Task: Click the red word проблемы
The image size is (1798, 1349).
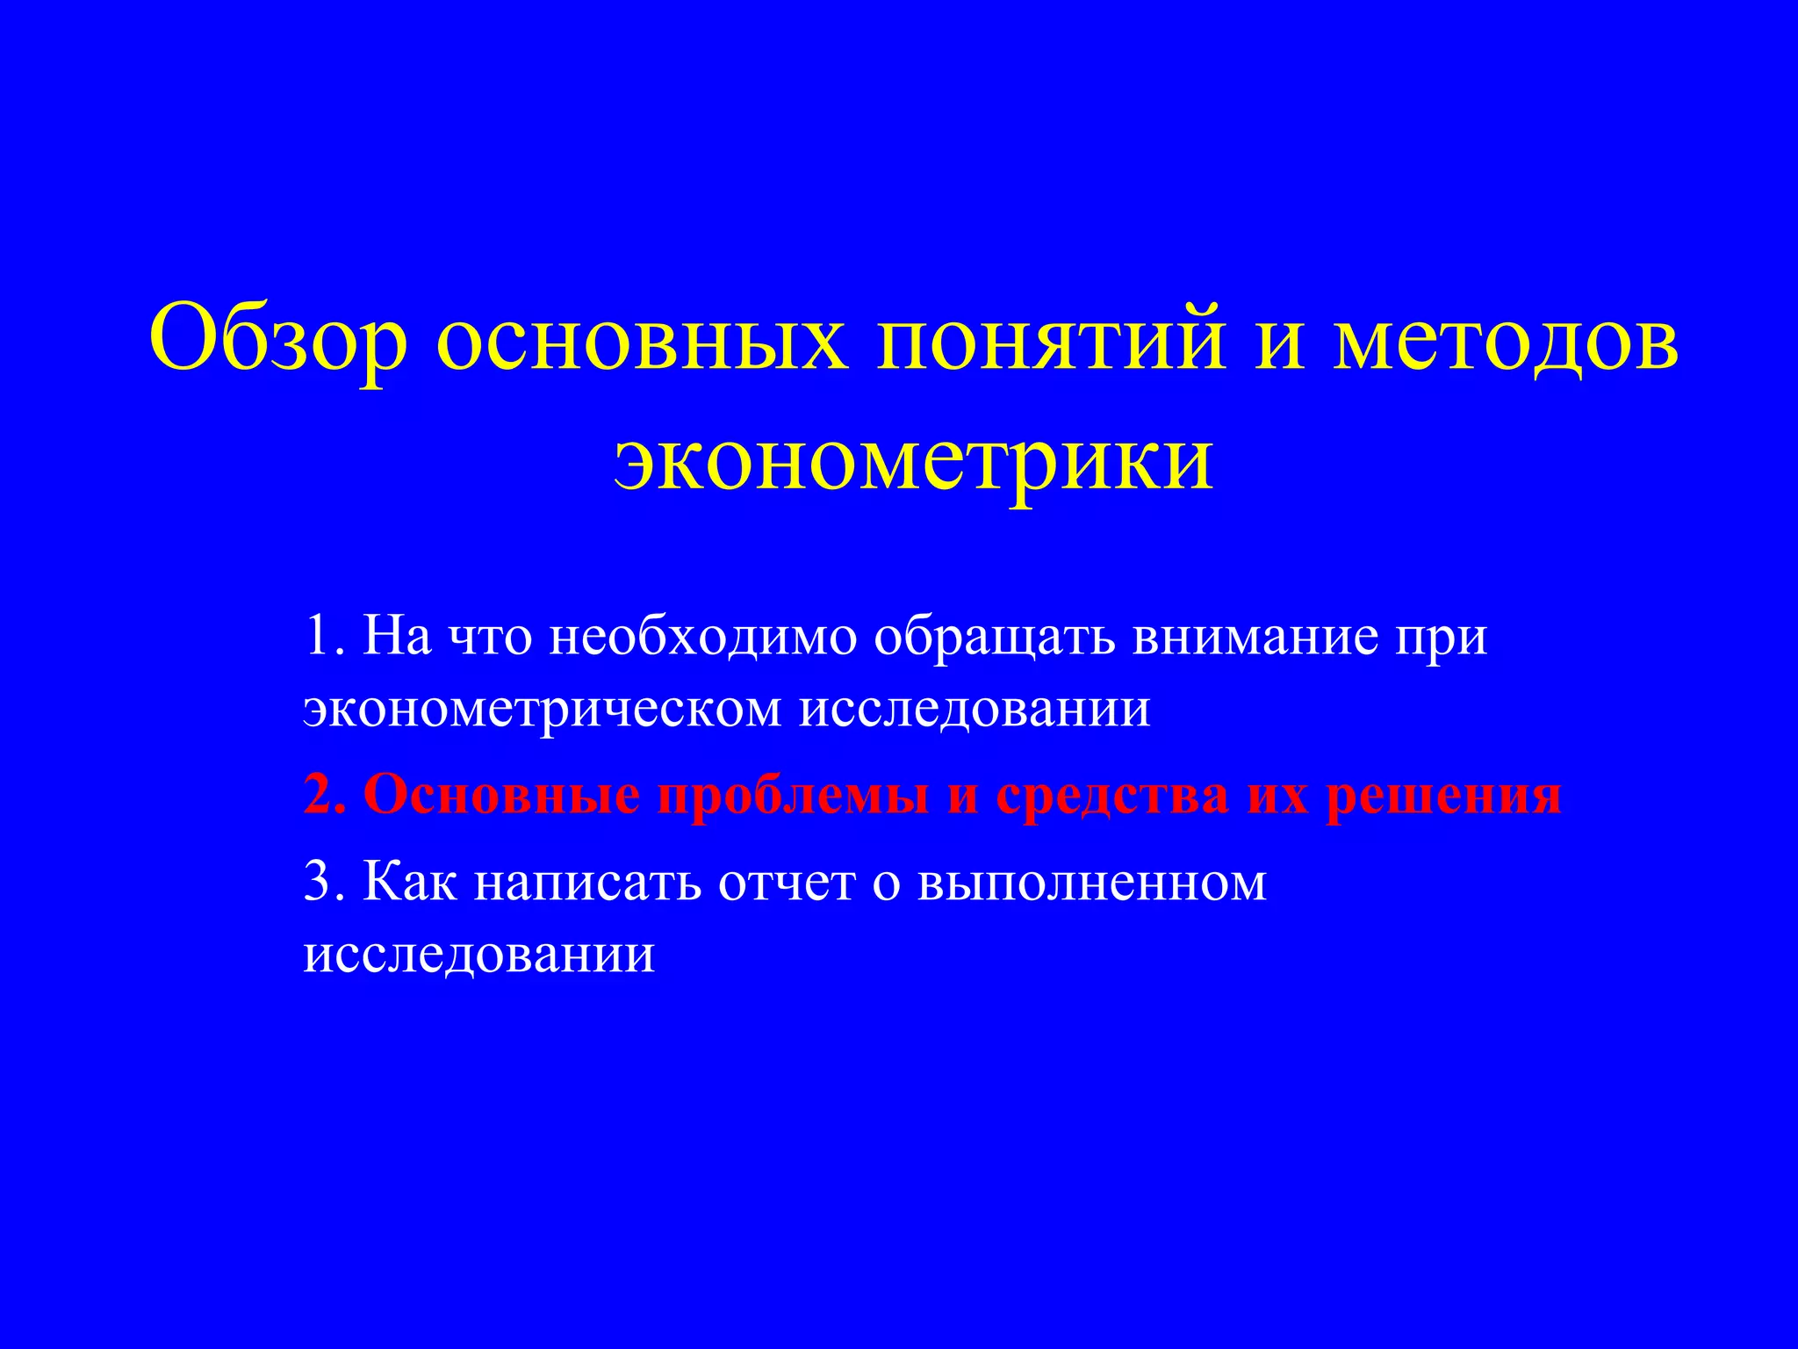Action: (794, 795)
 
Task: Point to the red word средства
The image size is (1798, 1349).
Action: (1112, 795)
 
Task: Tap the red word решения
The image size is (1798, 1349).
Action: (1443, 795)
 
